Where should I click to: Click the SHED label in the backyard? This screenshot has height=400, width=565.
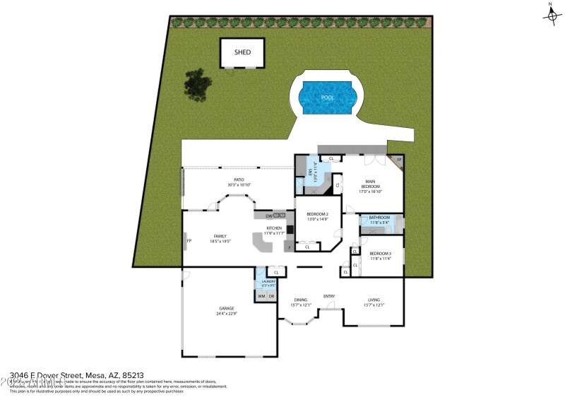click(x=242, y=52)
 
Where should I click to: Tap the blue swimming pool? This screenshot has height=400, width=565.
click(x=326, y=98)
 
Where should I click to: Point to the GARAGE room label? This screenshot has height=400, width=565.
click(x=226, y=309)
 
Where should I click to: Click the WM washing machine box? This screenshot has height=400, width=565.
click(x=261, y=296)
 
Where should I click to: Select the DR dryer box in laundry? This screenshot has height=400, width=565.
click(x=271, y=296)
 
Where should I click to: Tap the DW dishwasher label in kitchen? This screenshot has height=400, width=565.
click(x=269, y=216)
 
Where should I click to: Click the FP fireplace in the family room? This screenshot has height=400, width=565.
click(x=189, y=241)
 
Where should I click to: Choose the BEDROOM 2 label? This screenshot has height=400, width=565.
click(x=317, y=214)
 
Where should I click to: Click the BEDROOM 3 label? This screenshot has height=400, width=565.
click(x=380, y=253)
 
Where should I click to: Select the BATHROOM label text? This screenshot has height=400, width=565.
click(x=379, y=218)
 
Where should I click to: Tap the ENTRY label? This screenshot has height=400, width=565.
click(x=329, y=296)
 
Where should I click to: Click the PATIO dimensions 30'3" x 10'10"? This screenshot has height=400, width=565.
click(x=239, y=184)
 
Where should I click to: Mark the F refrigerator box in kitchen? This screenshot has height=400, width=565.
click(x=288, y=247)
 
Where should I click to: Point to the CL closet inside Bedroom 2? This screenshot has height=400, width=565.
click(x=307, y=247)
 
